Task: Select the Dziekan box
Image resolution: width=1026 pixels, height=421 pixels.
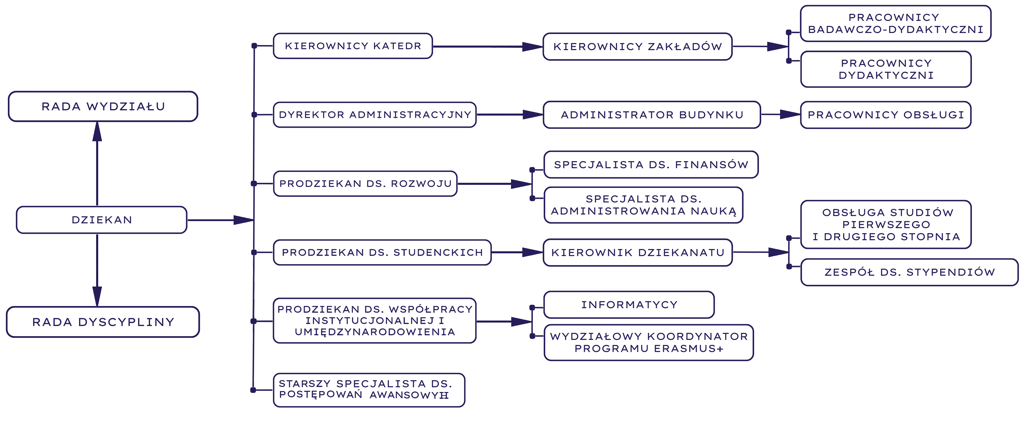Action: tap(101, 220)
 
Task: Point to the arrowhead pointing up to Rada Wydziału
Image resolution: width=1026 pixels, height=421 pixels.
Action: tap(97, 131)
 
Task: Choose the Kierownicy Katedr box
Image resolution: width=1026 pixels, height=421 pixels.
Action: tap(353, 46)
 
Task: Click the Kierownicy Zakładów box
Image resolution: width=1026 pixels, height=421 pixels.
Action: tap(637, 47)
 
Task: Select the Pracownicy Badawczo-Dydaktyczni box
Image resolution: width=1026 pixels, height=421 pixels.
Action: tap(895, 23)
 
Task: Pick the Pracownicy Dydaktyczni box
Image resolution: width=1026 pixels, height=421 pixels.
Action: tap(886, 69)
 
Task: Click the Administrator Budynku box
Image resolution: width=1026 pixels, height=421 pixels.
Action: tap(652, 115)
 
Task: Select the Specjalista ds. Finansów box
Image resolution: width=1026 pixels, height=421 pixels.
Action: tap(651, 164)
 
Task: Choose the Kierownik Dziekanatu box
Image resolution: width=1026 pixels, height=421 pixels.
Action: tap(637, 253)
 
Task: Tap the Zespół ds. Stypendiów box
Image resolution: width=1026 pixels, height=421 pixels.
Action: tap(909, 272)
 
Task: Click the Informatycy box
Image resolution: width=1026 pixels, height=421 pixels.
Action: tap(629, 305)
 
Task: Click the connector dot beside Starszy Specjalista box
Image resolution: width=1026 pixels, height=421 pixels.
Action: tap(253, 390)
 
